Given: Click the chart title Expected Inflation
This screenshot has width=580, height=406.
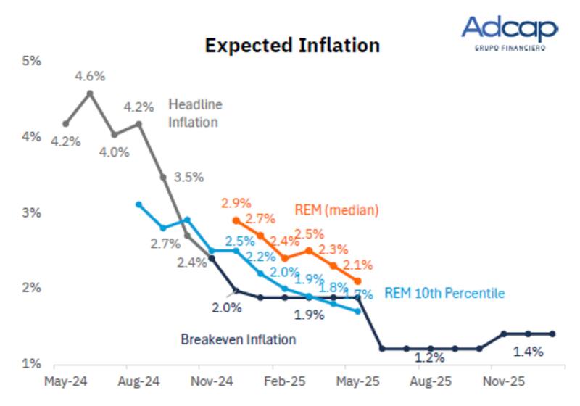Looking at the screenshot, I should click(292, 46).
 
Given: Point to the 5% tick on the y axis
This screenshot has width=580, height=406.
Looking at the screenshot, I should click(30, 61).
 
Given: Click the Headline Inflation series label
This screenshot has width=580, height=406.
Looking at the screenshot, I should click(195, 113).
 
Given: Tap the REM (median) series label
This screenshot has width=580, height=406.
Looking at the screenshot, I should click(337, 210).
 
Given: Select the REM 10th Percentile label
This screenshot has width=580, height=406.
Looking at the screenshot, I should click(444, 293).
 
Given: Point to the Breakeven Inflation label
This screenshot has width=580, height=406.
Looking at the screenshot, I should click(238, 339).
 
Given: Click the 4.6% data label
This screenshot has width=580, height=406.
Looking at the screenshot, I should click(90, 75).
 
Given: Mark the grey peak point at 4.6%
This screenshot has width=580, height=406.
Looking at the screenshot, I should click(90, 93).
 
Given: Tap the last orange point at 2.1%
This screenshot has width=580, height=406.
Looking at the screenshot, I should click(357, 281).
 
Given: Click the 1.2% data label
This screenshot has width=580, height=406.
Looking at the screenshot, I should click(429, 357).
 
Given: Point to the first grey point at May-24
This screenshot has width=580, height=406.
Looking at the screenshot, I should click(66, 123).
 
